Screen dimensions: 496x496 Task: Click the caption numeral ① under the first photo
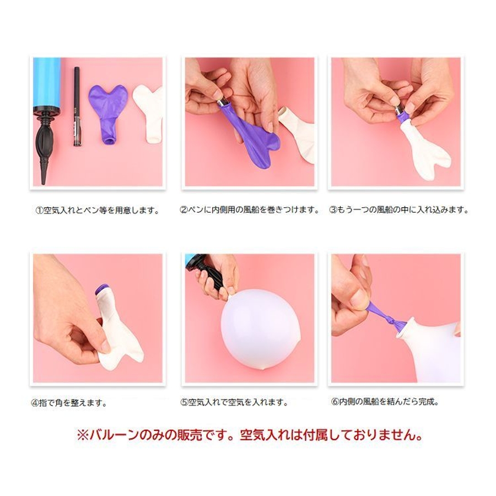click(x=39, y=210)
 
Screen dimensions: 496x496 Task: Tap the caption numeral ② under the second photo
click(x=184, y=210)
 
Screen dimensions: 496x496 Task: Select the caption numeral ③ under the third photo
click(x=333, y=210)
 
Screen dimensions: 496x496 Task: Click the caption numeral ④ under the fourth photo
click(x=35, y=403)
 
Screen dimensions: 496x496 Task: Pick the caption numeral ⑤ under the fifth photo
click(x=185, y=402)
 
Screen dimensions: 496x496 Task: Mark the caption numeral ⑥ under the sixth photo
click(x=335, y=402)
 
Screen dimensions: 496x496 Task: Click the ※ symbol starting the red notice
click(x=83, y=435)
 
